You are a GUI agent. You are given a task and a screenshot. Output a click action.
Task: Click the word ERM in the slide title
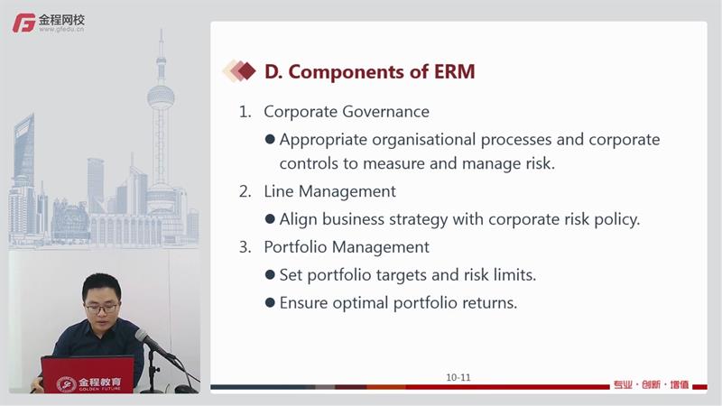(x=454, y=72)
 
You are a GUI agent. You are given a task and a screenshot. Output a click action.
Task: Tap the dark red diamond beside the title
(x=247, y=71)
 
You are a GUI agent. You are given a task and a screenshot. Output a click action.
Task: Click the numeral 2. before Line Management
(x=245, y=191)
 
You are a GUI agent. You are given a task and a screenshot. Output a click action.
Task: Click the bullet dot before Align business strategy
(x=270, y=218)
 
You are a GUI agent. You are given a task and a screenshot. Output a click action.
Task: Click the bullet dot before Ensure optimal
(x=270, y=302)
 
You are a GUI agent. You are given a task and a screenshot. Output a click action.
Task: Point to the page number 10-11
(x=458, y=377)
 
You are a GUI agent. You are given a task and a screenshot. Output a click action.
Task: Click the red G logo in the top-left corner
(x=24, y=23)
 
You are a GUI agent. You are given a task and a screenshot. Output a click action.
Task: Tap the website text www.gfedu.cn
(x=61, y=29)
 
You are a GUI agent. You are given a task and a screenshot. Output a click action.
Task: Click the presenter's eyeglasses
(x=101, y=309)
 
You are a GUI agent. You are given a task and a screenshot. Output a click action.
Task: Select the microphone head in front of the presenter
(x=143, y=337)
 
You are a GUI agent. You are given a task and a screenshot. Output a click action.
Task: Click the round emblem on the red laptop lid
(x=66, y=384)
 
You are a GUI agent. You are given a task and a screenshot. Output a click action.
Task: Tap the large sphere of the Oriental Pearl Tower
(x=161, y=97)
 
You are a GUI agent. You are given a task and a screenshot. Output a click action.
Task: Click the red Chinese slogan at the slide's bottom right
(x=651, y=384)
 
